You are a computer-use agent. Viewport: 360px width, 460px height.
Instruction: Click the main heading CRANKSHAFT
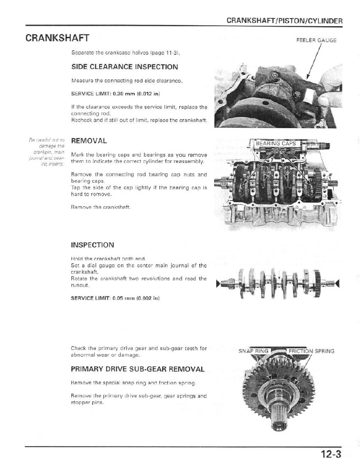(x=57, y=38)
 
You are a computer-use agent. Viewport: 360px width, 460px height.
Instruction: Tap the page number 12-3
(x=331, y=454)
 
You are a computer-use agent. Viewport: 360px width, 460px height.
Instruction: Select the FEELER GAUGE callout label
(x=317, y=40)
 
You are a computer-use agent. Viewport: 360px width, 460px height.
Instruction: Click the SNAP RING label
(x=254, y=351)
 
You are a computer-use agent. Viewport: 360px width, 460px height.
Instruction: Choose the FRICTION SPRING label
(x=311, y=351)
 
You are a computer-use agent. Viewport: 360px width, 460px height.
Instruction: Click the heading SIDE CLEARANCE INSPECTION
(x=125, y=67)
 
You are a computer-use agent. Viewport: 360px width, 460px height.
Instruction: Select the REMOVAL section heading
(x=89, y=141)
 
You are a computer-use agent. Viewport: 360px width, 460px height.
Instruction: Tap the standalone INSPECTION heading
(x=93, y=245)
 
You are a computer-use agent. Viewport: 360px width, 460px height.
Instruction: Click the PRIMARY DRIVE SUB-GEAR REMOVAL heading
(x=138, y=369)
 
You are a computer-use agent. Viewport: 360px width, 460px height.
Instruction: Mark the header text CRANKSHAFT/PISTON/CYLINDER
(x=284, y=21)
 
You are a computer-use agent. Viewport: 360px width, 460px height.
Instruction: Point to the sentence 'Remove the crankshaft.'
(x=101, y=207)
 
